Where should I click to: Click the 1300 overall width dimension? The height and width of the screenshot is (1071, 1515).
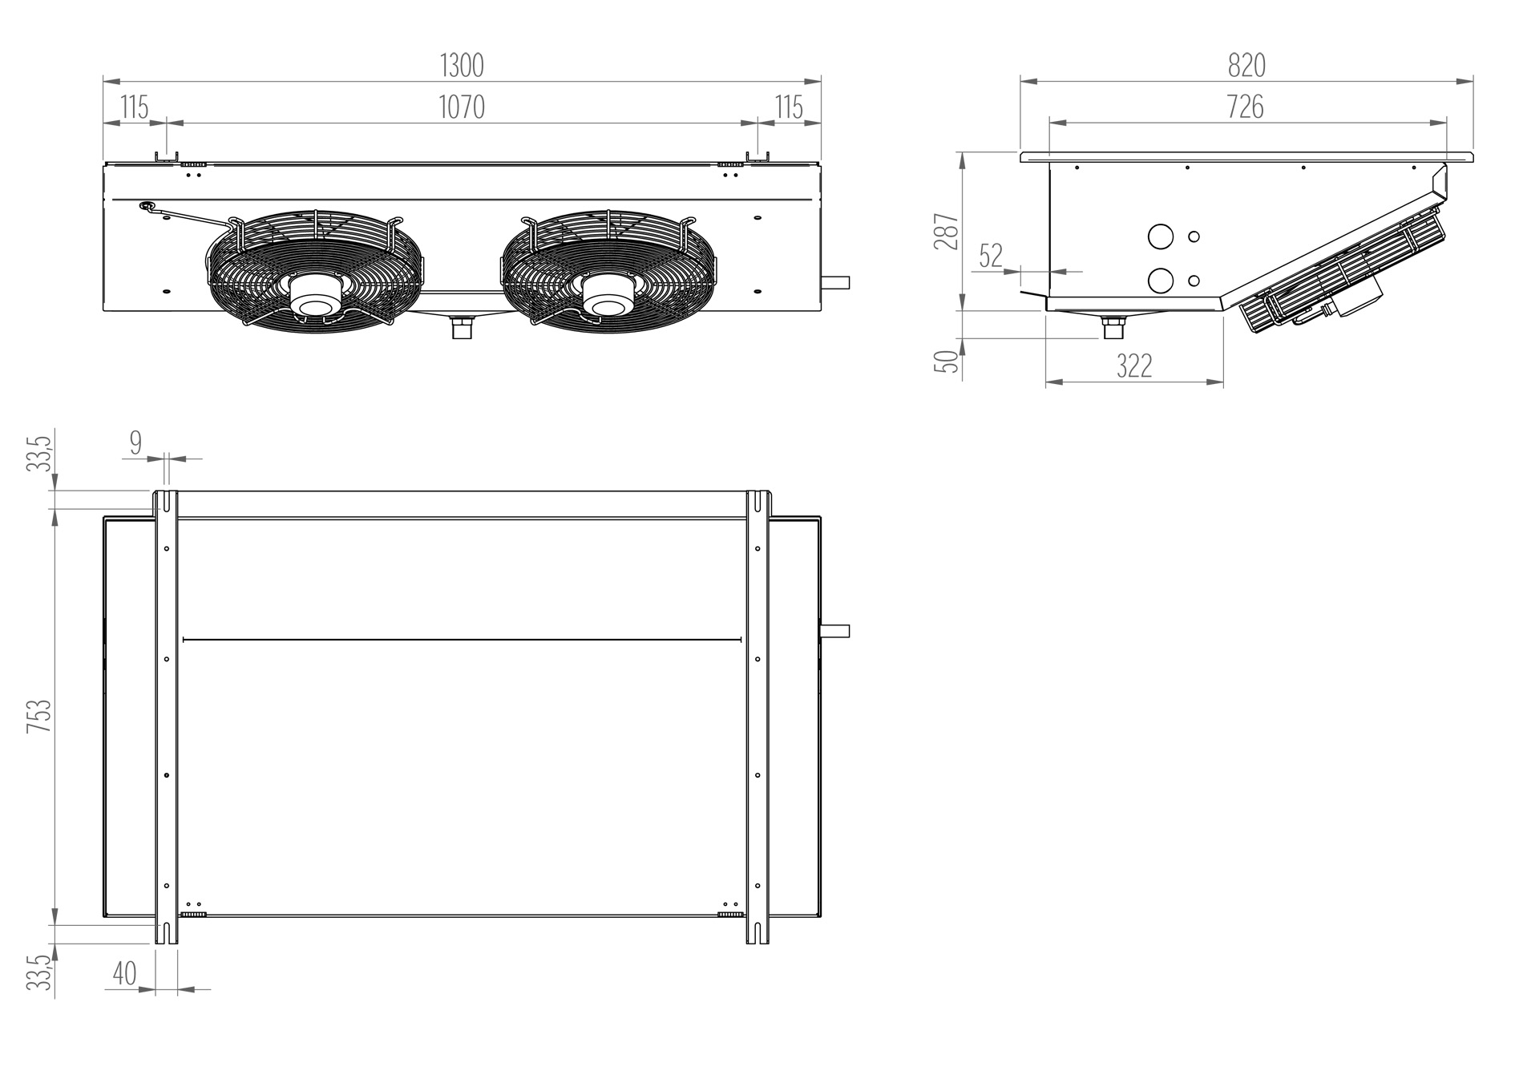tap(463, 66)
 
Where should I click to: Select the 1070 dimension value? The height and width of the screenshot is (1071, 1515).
tap(463, 107)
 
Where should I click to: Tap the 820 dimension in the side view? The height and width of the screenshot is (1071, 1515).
tap(1246, 66)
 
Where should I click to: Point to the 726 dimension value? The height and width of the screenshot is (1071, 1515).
tap(1246, 107)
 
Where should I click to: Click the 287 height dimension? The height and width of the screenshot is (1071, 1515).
tap(947, 232)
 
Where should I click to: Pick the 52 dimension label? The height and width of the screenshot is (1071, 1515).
tap(992, 256)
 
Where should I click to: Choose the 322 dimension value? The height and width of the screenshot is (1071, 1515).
tap(1134, 366)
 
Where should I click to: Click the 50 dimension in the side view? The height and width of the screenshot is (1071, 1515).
tap(947, 361)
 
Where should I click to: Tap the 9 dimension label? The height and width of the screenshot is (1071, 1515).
tap(135, 442)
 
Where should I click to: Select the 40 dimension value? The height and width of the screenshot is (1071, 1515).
tap(124, 973)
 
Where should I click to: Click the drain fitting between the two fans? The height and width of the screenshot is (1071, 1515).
tap(463, 327)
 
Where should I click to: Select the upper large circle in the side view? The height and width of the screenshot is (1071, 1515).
tap(1160, 236)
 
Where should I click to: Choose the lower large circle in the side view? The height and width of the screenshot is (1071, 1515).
tap(1160, 280)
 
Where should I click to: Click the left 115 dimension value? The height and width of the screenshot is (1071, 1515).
tap(135, 107)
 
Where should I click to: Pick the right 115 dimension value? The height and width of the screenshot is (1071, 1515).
tap(790, 107)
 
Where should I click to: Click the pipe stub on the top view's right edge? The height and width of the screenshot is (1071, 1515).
tap(835, 631)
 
